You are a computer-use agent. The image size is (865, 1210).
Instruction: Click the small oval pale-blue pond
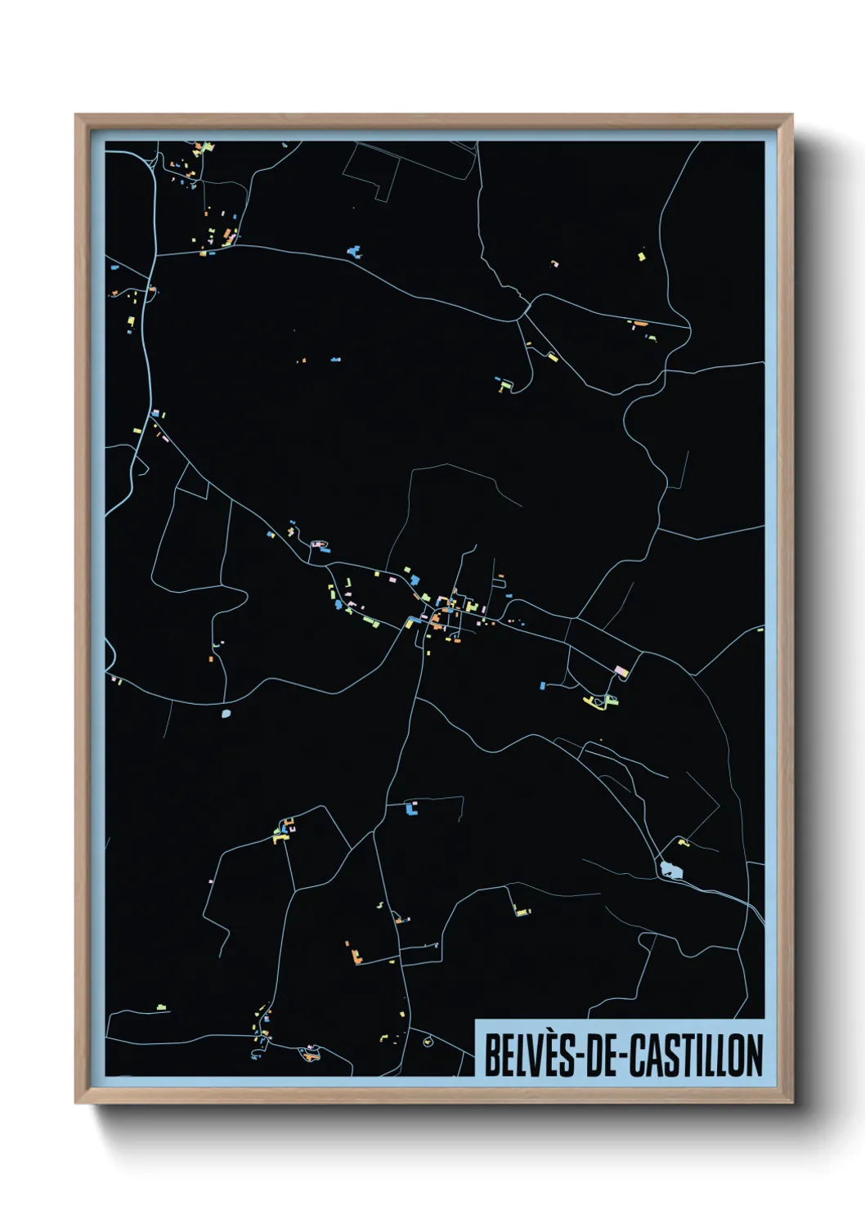(226, 714)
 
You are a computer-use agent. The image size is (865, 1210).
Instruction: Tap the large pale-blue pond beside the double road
(670, 870)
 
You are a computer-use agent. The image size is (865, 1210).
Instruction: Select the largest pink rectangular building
(621, 671)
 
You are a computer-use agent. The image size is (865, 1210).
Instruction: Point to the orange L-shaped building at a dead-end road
(356, 954)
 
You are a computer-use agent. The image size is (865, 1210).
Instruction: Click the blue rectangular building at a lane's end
(541, 684)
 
